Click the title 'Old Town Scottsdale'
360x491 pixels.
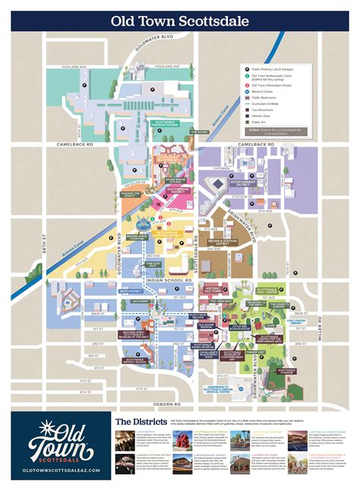click(179, 22)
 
